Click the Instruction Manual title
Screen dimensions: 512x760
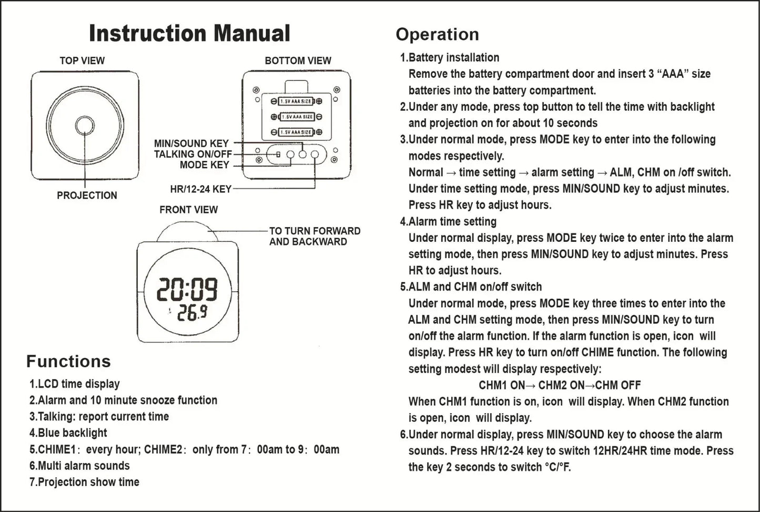(x=189, y=33)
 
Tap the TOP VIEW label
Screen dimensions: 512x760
(x=82, y=60)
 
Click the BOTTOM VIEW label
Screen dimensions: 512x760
(x=298, y=60)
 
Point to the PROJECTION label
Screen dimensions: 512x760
(x=87, y=195)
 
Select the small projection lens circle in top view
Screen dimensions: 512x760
(x=85, y=125)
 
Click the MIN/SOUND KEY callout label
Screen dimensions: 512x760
(x=191, y=143)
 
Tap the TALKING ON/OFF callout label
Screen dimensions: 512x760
(x=192, y=154)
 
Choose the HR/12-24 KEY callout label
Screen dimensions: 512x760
(x=200, y=189)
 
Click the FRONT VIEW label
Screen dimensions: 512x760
(x=188, y=209)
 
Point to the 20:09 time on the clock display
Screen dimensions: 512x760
(x=188, y=289)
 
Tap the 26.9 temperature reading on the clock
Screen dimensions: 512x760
(x=191, y=313)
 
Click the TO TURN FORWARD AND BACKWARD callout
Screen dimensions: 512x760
(x=315, y=236)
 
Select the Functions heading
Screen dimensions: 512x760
(x=68, y=361)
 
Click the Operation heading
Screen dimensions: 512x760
(x=437, y=34)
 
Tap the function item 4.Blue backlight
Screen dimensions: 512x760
(x=68, y=433)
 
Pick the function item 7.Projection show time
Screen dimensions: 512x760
(x=84, y=482)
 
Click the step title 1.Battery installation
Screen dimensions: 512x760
(x=450, y=57)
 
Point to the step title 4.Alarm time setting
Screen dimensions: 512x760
(x=448, y=221)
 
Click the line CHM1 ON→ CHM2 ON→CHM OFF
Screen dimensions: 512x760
(x=560, y=385)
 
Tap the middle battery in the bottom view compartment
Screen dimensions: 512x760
(x=297, y=117)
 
